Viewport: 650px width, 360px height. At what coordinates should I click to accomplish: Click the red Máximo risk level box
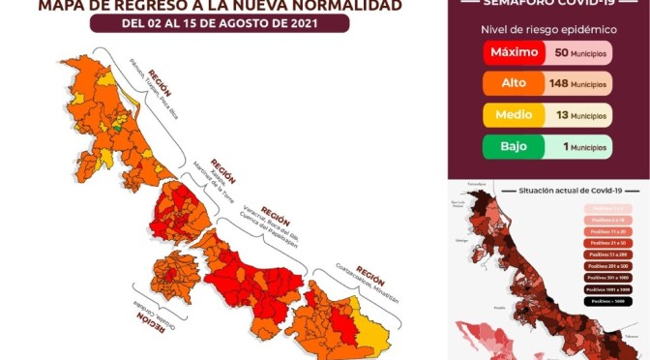pyautogui.click(x=513, y=51)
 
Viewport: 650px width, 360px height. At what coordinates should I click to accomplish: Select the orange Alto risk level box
pyautogui.click(x=513, y=84)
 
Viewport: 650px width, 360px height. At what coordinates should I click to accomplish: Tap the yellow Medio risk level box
pyautogui.click(x=513, y=116)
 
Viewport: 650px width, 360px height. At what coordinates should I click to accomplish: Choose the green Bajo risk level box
pyautogui.click(x=513, y=147)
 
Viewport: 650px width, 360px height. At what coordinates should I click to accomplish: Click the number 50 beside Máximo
pyautogui.click(x=559, y=51)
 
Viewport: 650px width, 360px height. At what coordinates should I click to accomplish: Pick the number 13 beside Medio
pyautogui.click(x=559, y=116)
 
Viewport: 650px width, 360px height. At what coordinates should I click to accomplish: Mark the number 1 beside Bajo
pyautogui.click(x=561, y=147)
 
